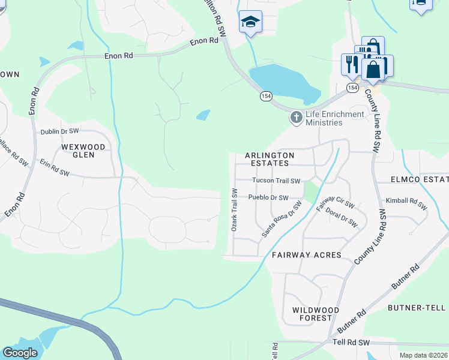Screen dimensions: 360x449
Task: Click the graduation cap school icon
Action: [x=250, y=22]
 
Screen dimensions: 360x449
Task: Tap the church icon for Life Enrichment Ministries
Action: [x=295, y=118]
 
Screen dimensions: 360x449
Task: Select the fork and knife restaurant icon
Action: [x=351, y=64]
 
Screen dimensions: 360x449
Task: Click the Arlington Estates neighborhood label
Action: [x=270, y=159]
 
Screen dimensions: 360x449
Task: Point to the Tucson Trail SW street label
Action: [x=276, y=180]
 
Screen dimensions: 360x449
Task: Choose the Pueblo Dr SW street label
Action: [x=268, y=197]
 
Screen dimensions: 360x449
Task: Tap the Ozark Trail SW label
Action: [x=235, y=210]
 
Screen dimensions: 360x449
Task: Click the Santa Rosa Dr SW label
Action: [x=281, y=220]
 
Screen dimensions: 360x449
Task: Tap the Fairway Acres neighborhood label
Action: [x=306, y=255]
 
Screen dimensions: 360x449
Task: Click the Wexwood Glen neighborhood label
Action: [x=83, y=151]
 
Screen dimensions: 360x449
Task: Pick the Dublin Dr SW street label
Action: [x=60, y=131]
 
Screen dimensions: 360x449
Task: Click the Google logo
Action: [x=20, y=353]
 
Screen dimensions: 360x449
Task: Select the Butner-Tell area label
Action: [x=417, y=308]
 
